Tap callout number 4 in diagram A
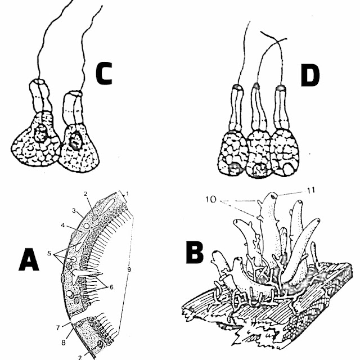tap(64, 226)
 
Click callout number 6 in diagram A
tap(111, 286)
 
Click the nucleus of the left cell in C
tap(40, 134)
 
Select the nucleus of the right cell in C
tap(75, 140)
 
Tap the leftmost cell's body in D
tap(232, 155)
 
